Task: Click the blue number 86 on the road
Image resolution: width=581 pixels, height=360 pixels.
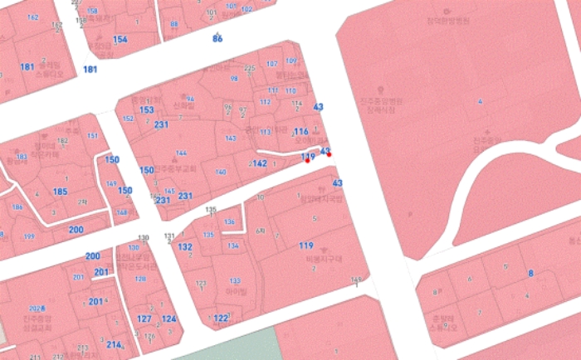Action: click(217, 39)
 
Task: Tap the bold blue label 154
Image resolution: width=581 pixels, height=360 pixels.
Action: click(120, 40)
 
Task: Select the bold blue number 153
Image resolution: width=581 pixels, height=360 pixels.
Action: click(147, 110)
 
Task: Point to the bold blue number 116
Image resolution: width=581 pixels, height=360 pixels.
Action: click(300, 133)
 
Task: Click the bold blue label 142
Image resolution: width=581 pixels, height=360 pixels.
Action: click(260, 164)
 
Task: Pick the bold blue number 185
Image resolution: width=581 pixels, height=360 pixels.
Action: click(60, 192)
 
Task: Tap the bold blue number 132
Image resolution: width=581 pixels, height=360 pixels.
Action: click(185, 247)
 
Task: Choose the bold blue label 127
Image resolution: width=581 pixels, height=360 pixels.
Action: click(144, 319)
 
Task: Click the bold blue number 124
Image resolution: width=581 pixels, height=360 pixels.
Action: click(168, 319)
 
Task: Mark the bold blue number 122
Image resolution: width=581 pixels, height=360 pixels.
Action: click(220, 319)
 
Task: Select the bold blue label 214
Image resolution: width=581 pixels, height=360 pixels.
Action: click(114, 345)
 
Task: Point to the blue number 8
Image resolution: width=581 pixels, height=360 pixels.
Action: click(530, 273)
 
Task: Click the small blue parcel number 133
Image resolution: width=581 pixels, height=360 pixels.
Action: click(235, 281)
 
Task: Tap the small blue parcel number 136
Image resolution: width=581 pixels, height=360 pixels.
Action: click(230, 222)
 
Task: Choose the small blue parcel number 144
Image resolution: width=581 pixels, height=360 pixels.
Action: click(182, 153)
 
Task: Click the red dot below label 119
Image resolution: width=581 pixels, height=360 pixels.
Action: click(308, 161)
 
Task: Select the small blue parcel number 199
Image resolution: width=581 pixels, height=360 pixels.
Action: click(30, 236)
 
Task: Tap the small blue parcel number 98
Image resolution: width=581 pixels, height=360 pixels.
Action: click(234, 79)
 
